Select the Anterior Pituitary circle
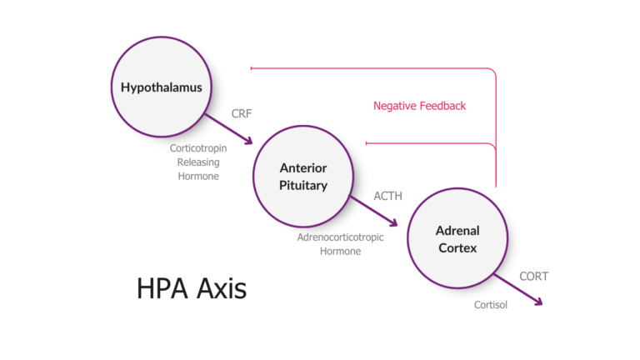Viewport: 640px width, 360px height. pyautogui.click(x=302, y=177)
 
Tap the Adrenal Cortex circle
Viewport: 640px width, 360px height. pyautogui.click(x=457, y=239)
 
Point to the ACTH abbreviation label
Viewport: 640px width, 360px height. pyautogui.click(x=387, y=197)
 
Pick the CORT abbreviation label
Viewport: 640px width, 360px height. pyautogui.click(x=533, y=276)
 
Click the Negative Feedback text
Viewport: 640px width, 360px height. pyautogui.click(x=419, y=106)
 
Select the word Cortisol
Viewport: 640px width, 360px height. pyautogui.click(x=491, y=305)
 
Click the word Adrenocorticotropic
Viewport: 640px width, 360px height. pyautogui.click(x=340, y=237)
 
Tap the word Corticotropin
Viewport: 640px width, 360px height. pyautogui.click(x=197, y=148)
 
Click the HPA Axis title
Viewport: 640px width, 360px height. pyautogui.click(x=192, y=288)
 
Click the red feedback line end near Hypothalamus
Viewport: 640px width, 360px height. pyautogui.click(x=252, y=67)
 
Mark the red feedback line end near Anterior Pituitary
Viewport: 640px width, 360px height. pyautogui.click(x=367, y=142)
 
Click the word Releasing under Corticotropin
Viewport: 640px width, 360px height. pyautogui.click(x=197, y=162)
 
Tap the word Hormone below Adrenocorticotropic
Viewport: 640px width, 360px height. pyautogui.click(x=340, y=251)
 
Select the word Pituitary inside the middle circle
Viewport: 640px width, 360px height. pyautogui.click(x=302, y=186)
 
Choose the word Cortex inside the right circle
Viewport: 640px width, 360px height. pyautogui.click(x=457, y=247)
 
